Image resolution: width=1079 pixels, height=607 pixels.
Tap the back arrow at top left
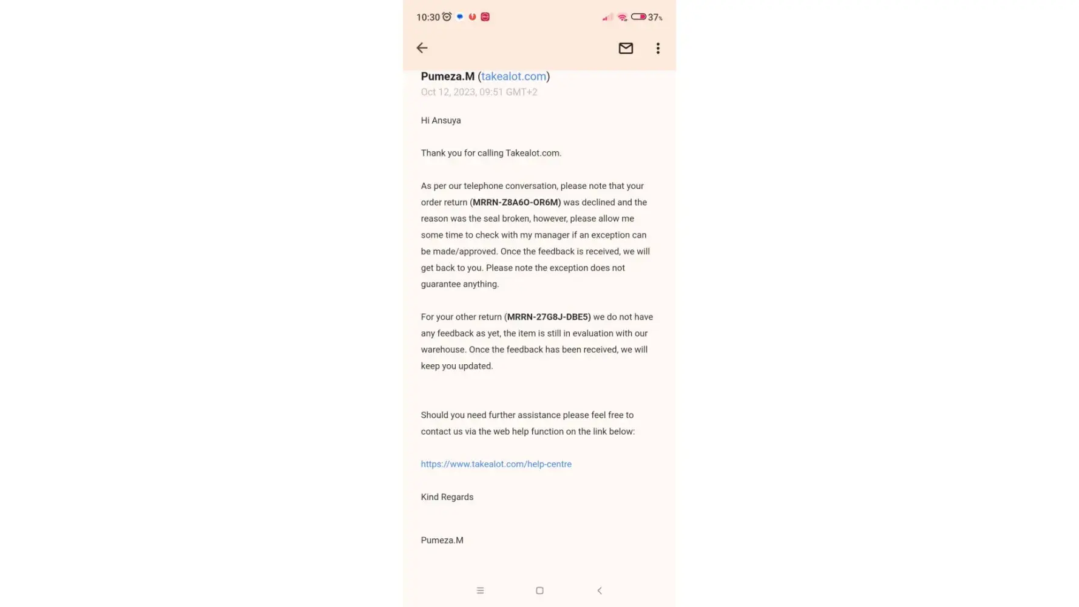[x=422, y=48]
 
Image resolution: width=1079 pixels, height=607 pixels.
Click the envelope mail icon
[x=626, y=48]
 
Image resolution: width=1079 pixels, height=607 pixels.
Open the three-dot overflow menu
[x=658, y=48]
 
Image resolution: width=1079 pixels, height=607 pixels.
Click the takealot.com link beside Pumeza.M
[x=513, y=76]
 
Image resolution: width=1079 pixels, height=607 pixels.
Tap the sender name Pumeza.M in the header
[x=447, y=76]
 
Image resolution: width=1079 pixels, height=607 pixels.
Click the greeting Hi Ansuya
[x=441, y=120]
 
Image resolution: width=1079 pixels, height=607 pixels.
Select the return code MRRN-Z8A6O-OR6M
[x=515, y=202]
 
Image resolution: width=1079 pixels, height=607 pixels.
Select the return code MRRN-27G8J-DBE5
[x=547, y=317]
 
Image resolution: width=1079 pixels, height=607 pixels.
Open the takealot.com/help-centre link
[x=496, y=464]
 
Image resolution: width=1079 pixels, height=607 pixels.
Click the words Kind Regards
[x=447, y=497]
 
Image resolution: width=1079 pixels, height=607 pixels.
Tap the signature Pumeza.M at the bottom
[x=442, y=540]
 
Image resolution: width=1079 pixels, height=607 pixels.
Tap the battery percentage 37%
[x=655, y=18]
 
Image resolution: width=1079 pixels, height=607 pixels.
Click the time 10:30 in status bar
[x=428, y=18]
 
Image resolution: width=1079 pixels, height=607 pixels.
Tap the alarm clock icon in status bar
[x=447, y=17]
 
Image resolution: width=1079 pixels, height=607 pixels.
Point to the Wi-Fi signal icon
[x=622, y=18]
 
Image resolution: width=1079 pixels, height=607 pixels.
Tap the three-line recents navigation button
[x=480, y=591]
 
